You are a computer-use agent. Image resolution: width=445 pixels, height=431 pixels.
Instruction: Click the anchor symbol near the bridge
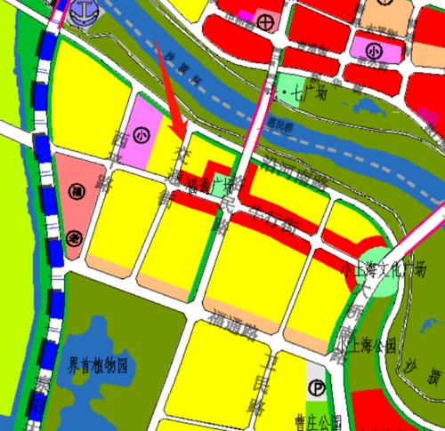pyautogui.click(x=85, y=12)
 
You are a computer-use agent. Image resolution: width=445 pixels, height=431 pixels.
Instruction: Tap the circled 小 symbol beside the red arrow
pyautogui.click(x=142, y=136)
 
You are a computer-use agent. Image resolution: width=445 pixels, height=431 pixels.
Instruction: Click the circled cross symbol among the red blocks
pyautogui.click(x=264, y=20)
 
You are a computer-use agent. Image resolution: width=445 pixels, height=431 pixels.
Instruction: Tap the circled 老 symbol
pyautogui.click(x=75, y=237)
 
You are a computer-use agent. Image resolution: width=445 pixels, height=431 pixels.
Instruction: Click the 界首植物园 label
pyautogui.click(x=100, y=366)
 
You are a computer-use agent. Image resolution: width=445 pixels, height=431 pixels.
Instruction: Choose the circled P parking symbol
pyautogui.click(x=317, y=387)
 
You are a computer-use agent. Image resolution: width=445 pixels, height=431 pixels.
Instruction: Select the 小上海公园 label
pyautogui.click(x=360, y=346)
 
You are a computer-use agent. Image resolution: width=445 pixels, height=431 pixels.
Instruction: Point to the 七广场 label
pyautogui.click(x=303, y=92)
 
